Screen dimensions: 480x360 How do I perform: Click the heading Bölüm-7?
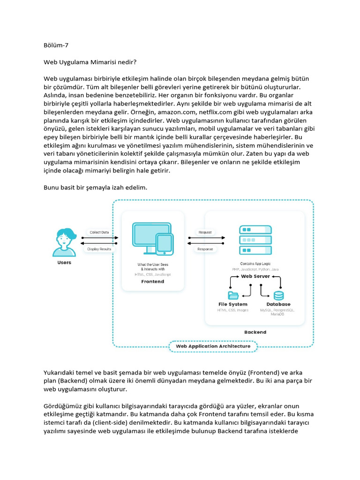click(x=56, y=45)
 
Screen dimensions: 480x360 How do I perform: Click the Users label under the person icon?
click(x=64, y=262)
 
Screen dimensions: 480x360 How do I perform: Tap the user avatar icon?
click(x=64, y=241)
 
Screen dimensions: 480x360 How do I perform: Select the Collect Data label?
click(x=99, y=232)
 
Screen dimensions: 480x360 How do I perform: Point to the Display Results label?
click(x=99, y=249)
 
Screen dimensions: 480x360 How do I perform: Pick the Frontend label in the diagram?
click(x=153, y=282)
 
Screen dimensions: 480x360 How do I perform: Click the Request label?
click(x=205, y=232)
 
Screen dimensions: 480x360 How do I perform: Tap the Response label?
click(x=205, y=249)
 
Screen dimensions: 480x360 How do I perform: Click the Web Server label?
click(x=255, y=277)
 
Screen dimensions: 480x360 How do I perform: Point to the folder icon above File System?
click(x=233, y=295)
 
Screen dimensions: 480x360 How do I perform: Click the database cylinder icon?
click(x=278, y=295)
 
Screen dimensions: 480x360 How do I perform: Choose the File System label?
click(x=233, y=304)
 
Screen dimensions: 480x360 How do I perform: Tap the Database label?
click(x=278, y=304)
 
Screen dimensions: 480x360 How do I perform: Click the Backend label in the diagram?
click(x=255, y=332)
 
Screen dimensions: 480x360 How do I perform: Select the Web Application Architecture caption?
click(x=213, y=346)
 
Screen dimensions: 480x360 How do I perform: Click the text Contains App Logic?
click(x=255, y=264)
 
